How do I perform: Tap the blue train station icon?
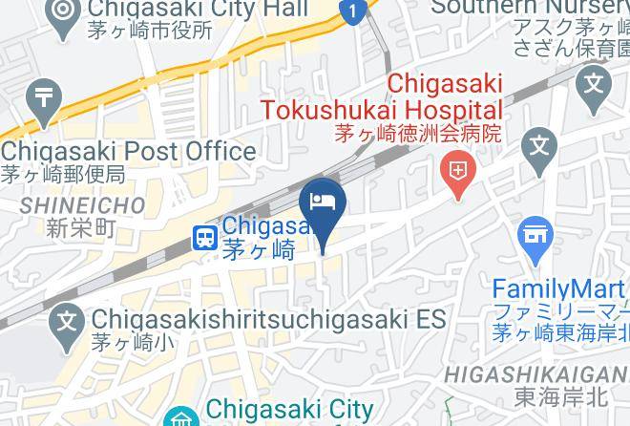pyautogui.click(x=205, y=237)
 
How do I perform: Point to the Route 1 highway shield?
pyautogui.click(x=353, y=12)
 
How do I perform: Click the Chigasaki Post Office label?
pyautogui.click(x=128, y=151)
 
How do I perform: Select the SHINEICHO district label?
pyautogui.click(x=82, y=204)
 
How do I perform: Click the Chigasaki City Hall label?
pyautogui.click(x=196, y=10)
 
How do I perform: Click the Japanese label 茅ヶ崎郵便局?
pyautogui.click(x=62, y=174)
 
